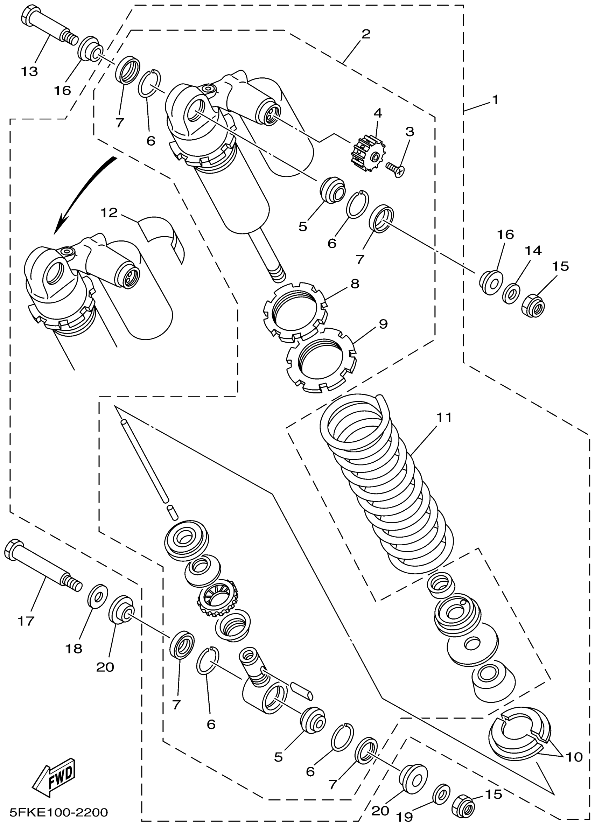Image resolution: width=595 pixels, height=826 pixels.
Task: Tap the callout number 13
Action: click(x=29, y=71)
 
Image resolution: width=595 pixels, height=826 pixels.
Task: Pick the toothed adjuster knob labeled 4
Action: click(x=366, y=153)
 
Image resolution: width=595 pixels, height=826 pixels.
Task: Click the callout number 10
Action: click(x=574, y=757)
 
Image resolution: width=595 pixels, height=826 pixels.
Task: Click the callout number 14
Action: click(x=533, y=250)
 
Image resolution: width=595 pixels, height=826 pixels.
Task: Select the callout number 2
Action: click(x=366, y=34)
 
